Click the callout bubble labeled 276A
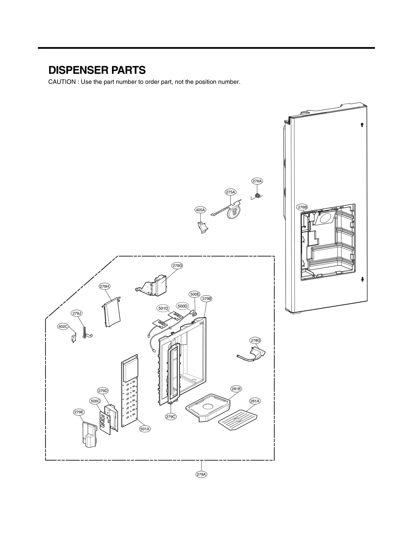(257, 181)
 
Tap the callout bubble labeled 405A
(200, 210)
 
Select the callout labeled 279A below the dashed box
(201, 474)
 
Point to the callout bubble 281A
(255, 408)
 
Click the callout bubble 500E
(195, 294)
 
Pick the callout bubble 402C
(63, 326)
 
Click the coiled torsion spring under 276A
(258, 196)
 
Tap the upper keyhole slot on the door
(362, 125)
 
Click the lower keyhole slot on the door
(362, 279)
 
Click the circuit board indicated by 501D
(160, 323)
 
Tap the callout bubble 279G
(177, 266)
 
